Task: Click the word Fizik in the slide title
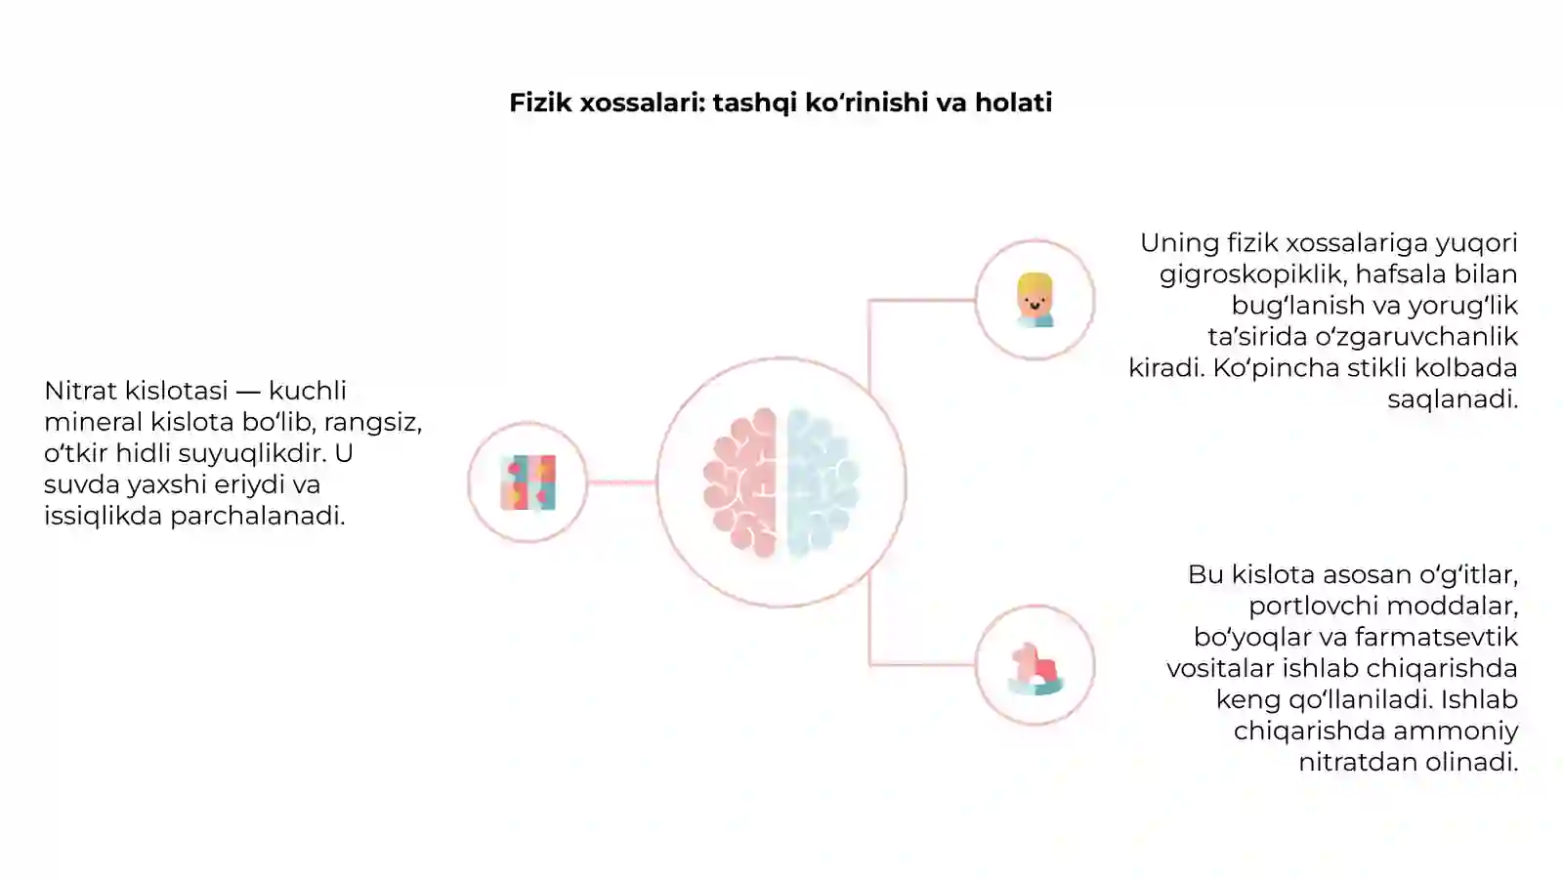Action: pos(540,103)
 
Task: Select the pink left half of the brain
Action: pos(740,482)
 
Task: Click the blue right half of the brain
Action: pos(823,482)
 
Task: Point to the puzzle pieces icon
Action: pos(528,482)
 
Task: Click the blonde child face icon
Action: pos(1035,300)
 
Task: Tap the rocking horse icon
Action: pos(1035,668)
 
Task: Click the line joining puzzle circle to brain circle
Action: pos(621,482)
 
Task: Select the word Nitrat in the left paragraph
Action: pos(81,391)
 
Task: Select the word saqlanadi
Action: pos(1453,399)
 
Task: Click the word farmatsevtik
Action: pos(1437,637)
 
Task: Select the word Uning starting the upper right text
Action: pos(1179,244)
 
